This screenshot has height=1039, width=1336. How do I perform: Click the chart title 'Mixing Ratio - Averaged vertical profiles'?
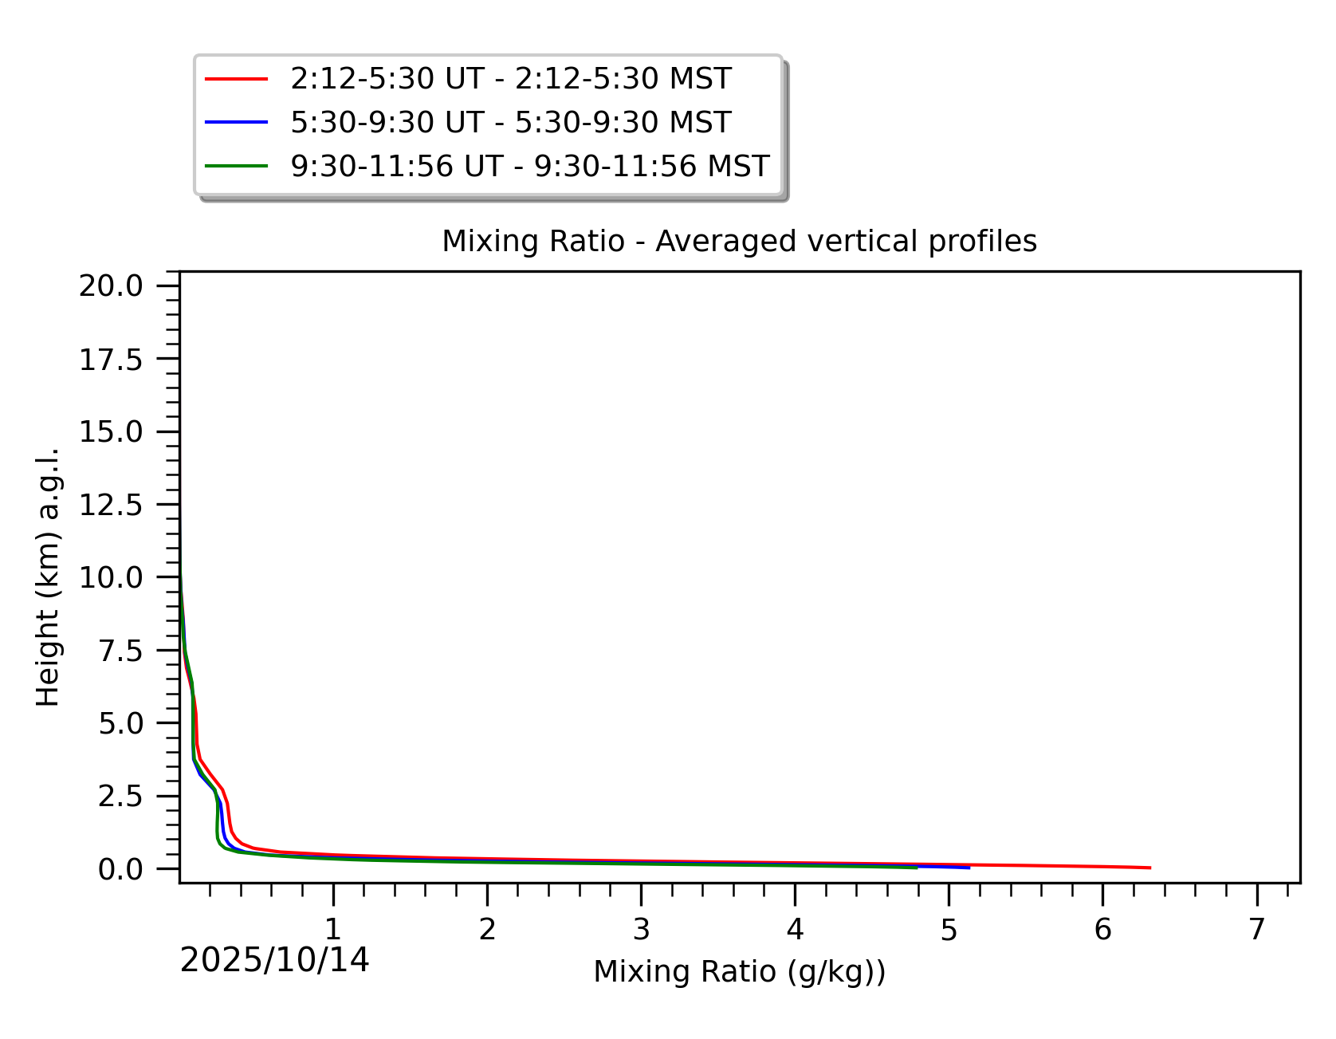[x=739, y=241]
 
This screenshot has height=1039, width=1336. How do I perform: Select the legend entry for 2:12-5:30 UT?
[x=510, y=79]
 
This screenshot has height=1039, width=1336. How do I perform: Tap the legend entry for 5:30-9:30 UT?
[x=510, y=123]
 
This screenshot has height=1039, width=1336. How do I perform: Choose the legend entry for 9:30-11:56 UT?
[x=529, y=166]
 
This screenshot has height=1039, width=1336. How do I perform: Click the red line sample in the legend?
[x=236, y=79]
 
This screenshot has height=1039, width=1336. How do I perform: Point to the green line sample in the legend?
[x=236, y=166]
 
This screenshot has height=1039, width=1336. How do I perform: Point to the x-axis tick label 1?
[x=333, y=929]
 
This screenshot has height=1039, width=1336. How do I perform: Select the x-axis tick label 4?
[x=795, y=929]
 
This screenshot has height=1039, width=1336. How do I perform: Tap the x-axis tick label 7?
[x=1256, y=929]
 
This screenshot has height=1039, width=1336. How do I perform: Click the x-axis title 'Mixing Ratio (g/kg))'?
[x=739, y=972]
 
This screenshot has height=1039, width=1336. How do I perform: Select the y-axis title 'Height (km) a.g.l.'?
[x=48, y=577]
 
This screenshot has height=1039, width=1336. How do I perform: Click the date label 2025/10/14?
[x=274, y=961]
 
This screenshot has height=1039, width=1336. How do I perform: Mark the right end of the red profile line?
[x=1149, y=868]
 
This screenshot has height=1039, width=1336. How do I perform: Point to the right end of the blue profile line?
[x=969, y=868]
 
